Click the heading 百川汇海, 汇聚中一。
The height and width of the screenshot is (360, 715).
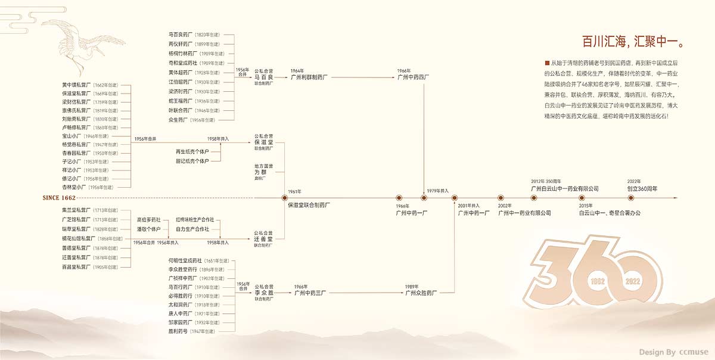(x=632, y=42)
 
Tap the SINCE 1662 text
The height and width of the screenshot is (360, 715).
(x=60, y=197)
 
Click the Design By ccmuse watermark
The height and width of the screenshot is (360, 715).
(x=673, y=352)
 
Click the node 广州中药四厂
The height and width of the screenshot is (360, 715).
(x=414, y=77)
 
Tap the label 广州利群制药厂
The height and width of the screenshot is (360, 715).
(x=309, y=77)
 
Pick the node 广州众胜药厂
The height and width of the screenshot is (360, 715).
(x=421, y=293)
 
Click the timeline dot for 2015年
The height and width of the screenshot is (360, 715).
(x=582, y=197)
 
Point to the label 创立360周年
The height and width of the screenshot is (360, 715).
(x=642, y=188)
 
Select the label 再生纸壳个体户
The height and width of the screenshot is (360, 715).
(x=192, y=151)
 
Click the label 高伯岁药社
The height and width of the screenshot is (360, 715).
(x=148, y=220)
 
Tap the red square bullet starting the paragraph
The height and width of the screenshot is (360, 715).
(x=546, y=63)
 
